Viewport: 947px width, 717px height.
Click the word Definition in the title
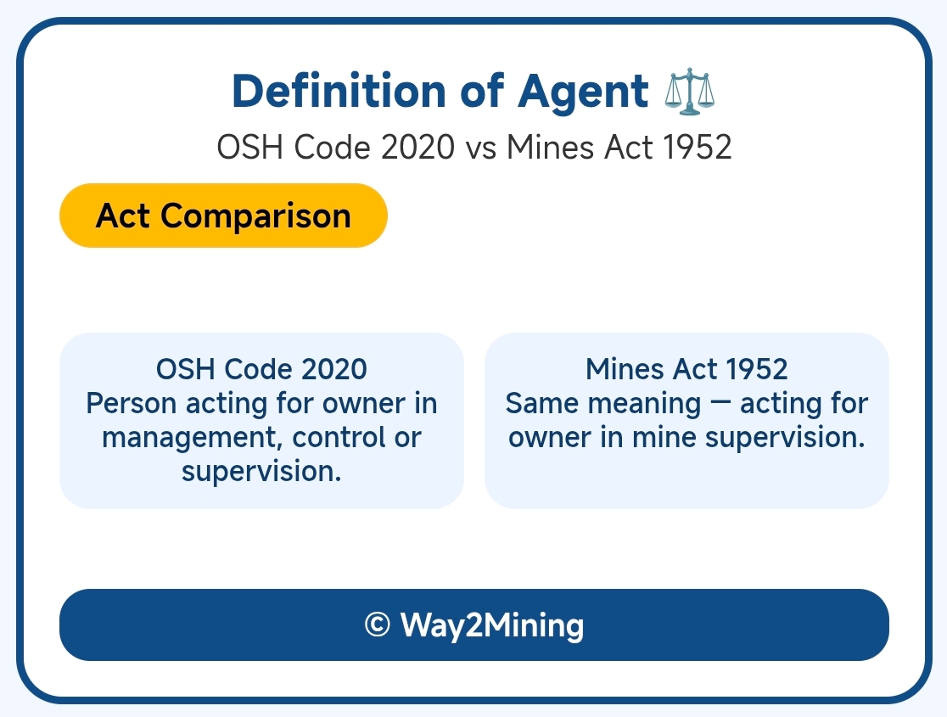click(x=339, y=91)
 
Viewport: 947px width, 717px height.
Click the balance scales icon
click(x=689, y=91)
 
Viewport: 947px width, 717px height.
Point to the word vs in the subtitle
click(x=481, y=148)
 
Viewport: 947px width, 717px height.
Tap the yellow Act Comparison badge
click(x=223, y=216)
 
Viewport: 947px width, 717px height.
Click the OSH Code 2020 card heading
click(x=261, y=369)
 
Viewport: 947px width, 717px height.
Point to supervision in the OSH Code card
click(x=261, y=471)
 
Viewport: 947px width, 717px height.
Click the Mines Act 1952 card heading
click(x=686, y=369)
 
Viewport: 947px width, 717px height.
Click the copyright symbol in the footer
click(x=378, y=625)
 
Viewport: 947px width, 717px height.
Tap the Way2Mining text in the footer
click(x=491, y=625)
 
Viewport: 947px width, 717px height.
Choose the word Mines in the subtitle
click(x=550, y=147)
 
